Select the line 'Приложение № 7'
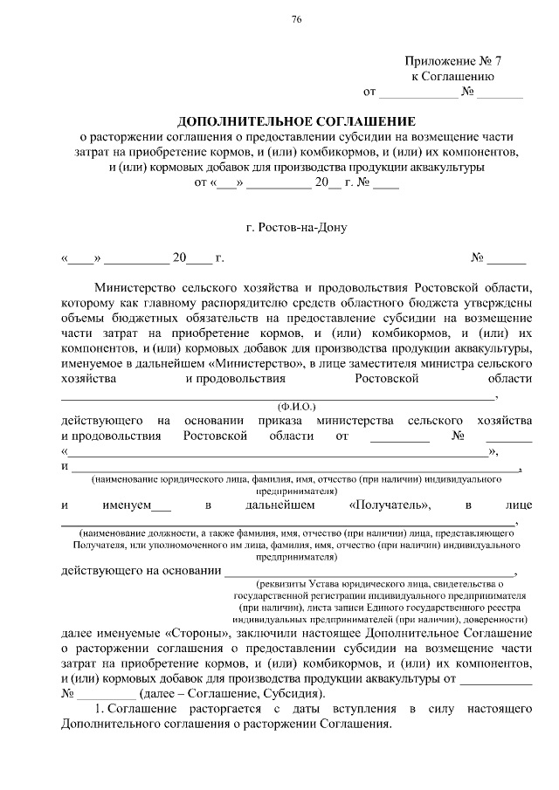point(453,61)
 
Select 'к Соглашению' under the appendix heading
point(453,76)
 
